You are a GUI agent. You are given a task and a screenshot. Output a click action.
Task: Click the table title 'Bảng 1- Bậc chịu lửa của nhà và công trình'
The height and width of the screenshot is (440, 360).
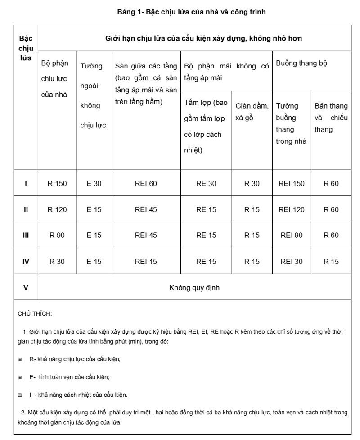(191, 12)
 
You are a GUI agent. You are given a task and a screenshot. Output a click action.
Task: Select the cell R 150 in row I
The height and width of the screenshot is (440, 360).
(57, 184)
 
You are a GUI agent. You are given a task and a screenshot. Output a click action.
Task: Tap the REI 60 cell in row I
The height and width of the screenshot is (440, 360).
(146, 184)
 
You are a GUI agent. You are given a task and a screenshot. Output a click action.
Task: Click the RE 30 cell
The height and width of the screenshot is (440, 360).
(206, 184)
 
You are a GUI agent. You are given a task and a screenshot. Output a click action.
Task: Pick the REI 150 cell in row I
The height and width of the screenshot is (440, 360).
(292, 184)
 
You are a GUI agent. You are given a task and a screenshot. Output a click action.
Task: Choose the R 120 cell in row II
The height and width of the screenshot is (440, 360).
(57, 209)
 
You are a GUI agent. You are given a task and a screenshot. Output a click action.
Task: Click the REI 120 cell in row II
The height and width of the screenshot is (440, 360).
(292, 209)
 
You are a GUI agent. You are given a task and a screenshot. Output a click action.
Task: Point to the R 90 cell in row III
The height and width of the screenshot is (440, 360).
(57, 235)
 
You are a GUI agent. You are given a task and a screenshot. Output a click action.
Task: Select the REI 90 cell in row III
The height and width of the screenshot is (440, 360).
(292, 235)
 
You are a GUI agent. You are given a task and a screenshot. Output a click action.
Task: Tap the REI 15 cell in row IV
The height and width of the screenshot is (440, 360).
(146, 261)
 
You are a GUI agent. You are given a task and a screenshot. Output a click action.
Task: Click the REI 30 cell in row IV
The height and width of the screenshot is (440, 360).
(292, 261)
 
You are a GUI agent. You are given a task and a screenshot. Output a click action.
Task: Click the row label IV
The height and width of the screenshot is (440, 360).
(26, 261)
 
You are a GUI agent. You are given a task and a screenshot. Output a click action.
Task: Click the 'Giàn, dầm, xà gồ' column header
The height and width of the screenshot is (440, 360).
(252, 112)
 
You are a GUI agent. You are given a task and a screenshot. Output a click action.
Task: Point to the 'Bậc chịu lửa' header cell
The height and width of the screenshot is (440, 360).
(26, 49)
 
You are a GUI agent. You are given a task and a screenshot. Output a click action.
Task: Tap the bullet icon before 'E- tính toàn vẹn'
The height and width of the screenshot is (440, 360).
(20, 377)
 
